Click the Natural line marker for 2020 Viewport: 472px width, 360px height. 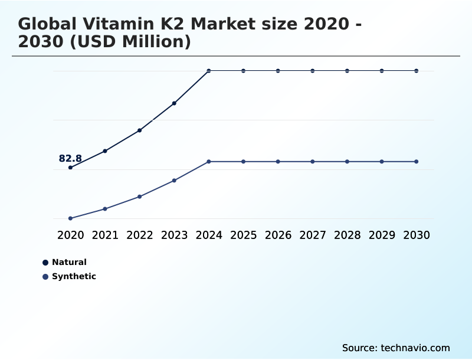click(70, 168)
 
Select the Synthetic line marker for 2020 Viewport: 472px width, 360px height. click(70, 218)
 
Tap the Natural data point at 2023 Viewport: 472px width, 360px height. click(174, 103)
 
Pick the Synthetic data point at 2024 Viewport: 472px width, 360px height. click(209, 162)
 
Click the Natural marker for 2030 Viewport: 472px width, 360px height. click(417, 71)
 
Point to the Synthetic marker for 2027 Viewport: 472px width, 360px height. click(313, 162)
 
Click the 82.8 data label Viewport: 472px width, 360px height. click(70, 158)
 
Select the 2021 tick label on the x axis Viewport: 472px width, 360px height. click(105, 235)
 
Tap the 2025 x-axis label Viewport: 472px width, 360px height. click(243, 235)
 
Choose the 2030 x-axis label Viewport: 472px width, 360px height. click(417, 235)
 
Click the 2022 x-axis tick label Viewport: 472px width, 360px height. click(140, 235)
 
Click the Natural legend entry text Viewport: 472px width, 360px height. click(69, 262)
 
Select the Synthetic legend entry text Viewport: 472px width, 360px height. click(74, 276)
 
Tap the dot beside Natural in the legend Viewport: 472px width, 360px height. click(45, 263)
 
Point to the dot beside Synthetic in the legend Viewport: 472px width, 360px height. click(45, 277)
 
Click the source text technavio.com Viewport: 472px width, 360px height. click(415, 348)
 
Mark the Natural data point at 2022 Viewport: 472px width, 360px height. click(139, 130)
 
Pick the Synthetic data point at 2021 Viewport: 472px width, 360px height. click(105, 209)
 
